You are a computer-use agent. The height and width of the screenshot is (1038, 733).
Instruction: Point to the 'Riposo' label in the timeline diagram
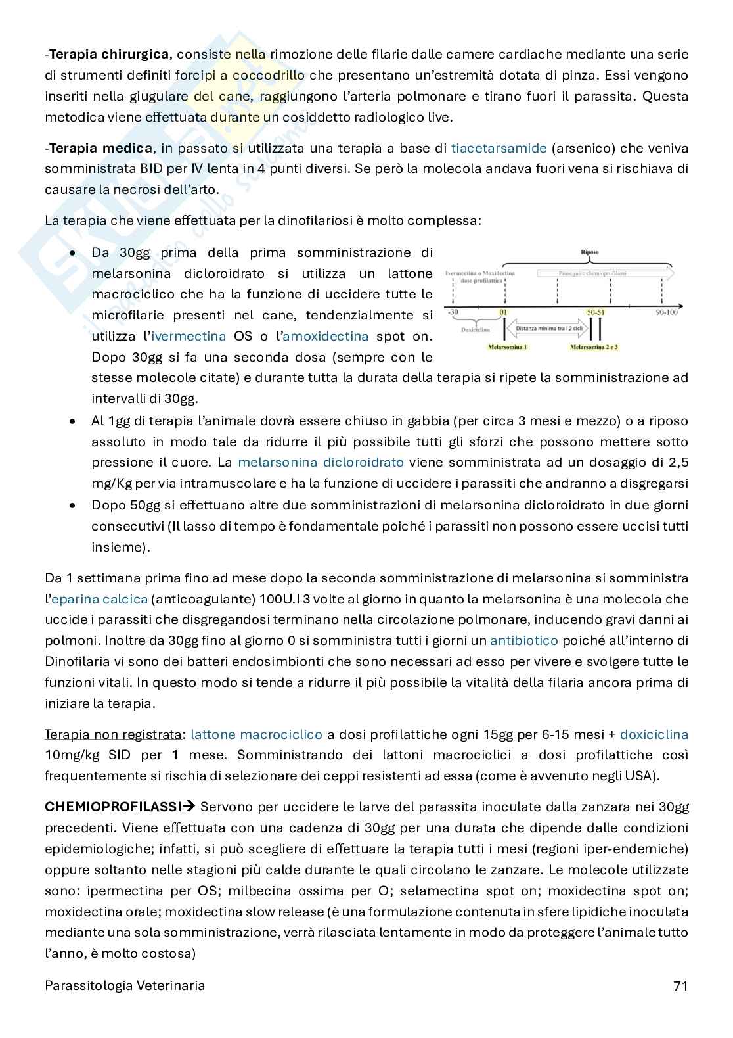(x=589, y=252)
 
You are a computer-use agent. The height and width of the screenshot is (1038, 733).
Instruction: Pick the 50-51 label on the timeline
(x=597, y=312)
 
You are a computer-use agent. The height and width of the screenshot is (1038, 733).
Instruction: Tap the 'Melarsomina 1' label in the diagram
(x=506, y=346)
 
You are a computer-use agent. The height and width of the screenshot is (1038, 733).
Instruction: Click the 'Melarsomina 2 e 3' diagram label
(x=594, y=346)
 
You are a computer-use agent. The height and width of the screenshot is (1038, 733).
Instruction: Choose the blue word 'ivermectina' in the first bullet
(x=189, y=337)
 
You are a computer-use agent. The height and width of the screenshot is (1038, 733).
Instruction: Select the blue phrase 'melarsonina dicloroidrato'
(x=321, y=463)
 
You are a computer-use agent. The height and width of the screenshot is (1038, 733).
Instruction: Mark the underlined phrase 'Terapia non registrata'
(x=112, y=734)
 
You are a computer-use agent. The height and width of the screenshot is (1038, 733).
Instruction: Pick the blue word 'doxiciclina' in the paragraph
(x=654, y=734)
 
